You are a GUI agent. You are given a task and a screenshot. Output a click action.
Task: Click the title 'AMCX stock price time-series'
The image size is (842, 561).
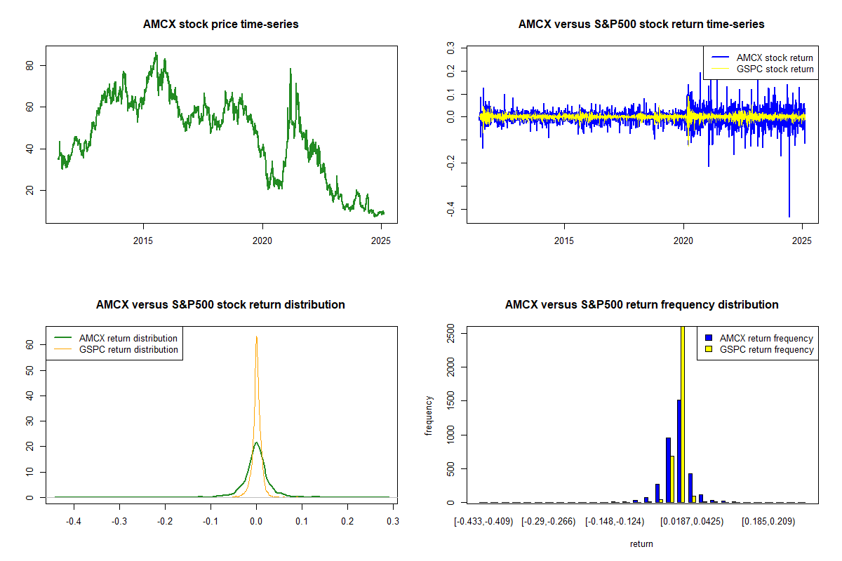pyautogui.click(x=221, y=25)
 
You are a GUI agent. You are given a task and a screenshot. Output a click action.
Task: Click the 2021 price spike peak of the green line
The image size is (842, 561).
pyautogui.click(x=290, y=69)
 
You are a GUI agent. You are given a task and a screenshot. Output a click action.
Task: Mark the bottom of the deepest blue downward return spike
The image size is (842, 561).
pyautogui.click(x=789, y=217)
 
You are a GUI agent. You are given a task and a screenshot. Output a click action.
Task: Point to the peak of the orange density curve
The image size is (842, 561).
pyautogui.click(x=257, y=337)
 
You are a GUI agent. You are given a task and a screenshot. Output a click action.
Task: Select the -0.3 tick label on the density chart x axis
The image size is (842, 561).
pyautogui.click(x=119, y=522)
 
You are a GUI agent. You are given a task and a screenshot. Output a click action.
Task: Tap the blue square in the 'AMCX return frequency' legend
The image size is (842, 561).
pyautogui.click(x=709, y=338)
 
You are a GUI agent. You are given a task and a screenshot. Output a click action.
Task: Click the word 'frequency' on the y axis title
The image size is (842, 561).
pyautogui.click(x=429, y=416)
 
